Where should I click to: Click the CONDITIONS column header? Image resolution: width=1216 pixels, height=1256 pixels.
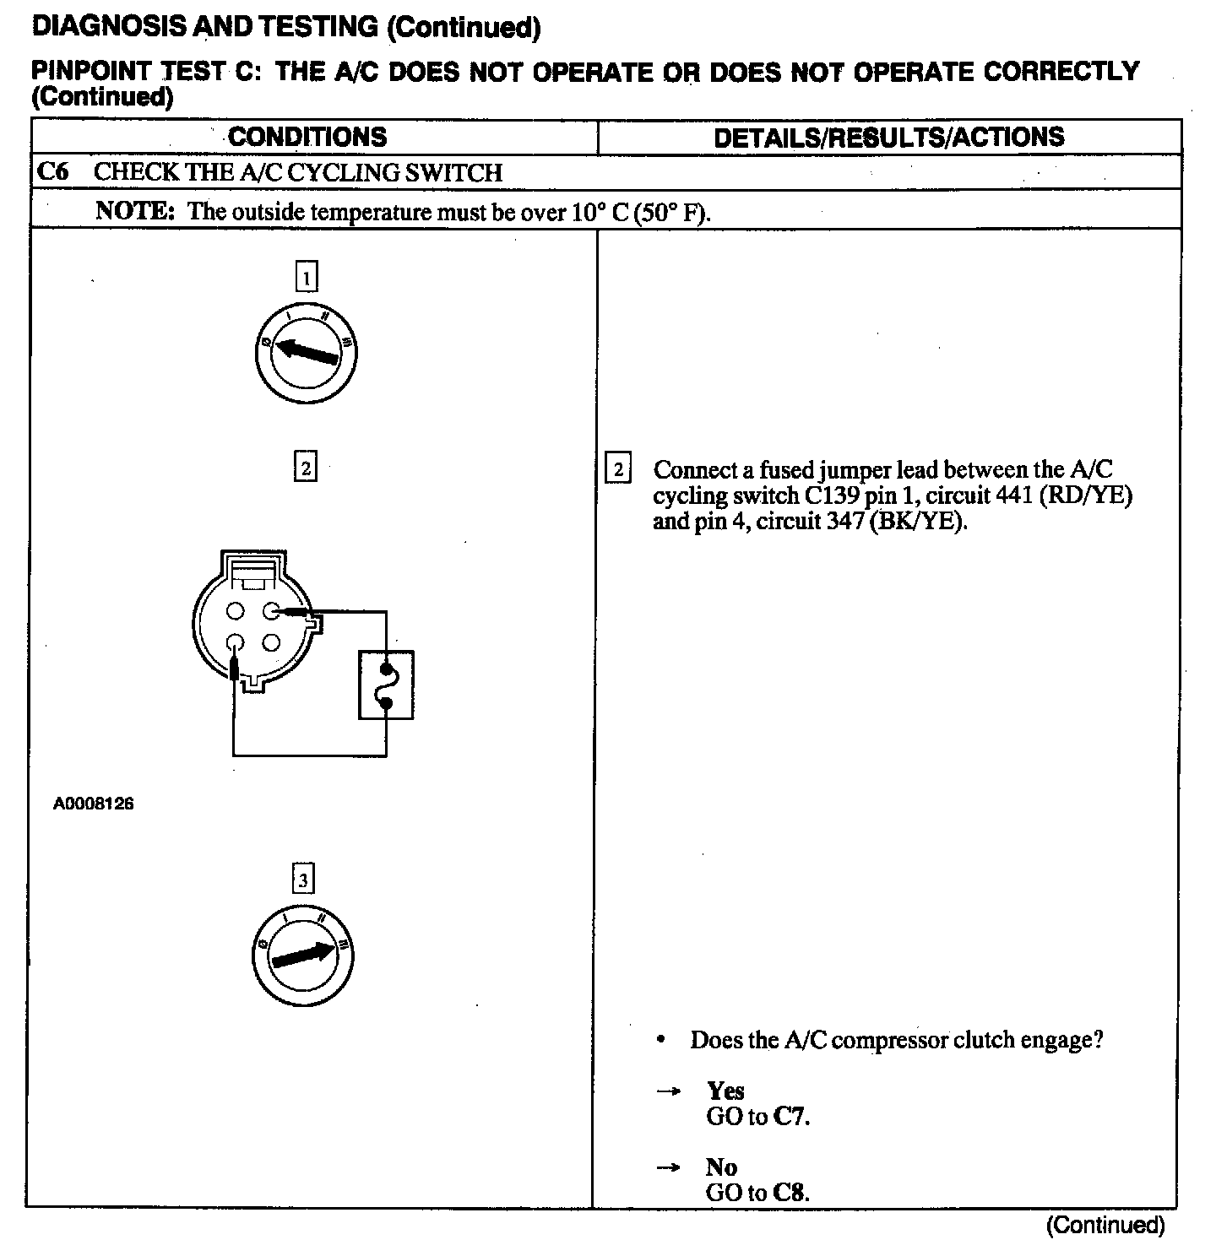(307, 137)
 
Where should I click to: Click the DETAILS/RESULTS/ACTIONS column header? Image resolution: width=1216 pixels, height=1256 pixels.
(888, 137)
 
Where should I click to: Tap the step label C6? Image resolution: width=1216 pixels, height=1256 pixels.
(52, 172)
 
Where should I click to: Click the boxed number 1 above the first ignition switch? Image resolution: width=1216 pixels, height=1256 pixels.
(307, 277)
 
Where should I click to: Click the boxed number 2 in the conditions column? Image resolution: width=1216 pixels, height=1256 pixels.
(305, 467)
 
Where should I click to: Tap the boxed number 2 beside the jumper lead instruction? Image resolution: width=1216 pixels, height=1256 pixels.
(618, 469)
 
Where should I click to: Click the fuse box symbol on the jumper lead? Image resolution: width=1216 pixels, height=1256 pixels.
(386, 684)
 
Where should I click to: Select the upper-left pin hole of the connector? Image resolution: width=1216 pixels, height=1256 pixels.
(236, 609)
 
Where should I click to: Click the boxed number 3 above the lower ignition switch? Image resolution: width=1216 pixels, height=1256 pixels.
(302, 880)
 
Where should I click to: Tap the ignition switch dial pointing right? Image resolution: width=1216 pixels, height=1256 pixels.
(303, 956)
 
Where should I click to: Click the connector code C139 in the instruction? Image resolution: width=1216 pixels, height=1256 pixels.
(828, 495)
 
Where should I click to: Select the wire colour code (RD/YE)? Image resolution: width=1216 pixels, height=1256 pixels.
(1085, 495)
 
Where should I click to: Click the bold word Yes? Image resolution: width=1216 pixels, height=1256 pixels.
(725, 1091)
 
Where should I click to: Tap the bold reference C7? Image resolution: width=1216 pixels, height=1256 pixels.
(791, 1117)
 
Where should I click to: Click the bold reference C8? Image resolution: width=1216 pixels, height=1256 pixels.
(791, 1193)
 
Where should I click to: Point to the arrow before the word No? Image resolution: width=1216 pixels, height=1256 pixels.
(669, 1168)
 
